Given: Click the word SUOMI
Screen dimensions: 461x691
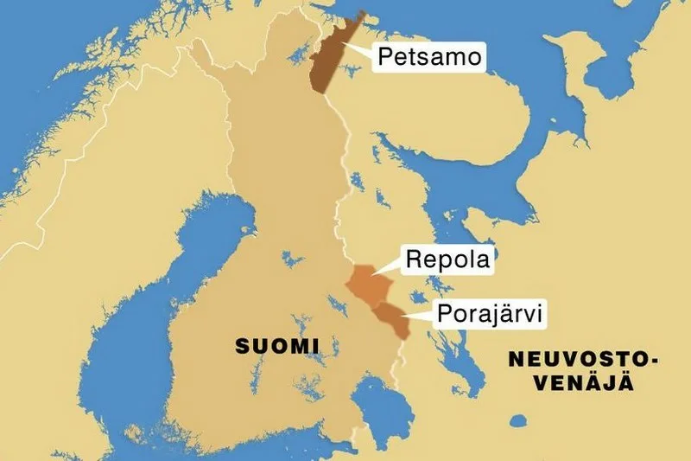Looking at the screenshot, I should click(x=277, y=347).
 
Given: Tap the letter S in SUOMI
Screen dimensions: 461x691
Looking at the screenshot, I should click(x=242, y=347).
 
